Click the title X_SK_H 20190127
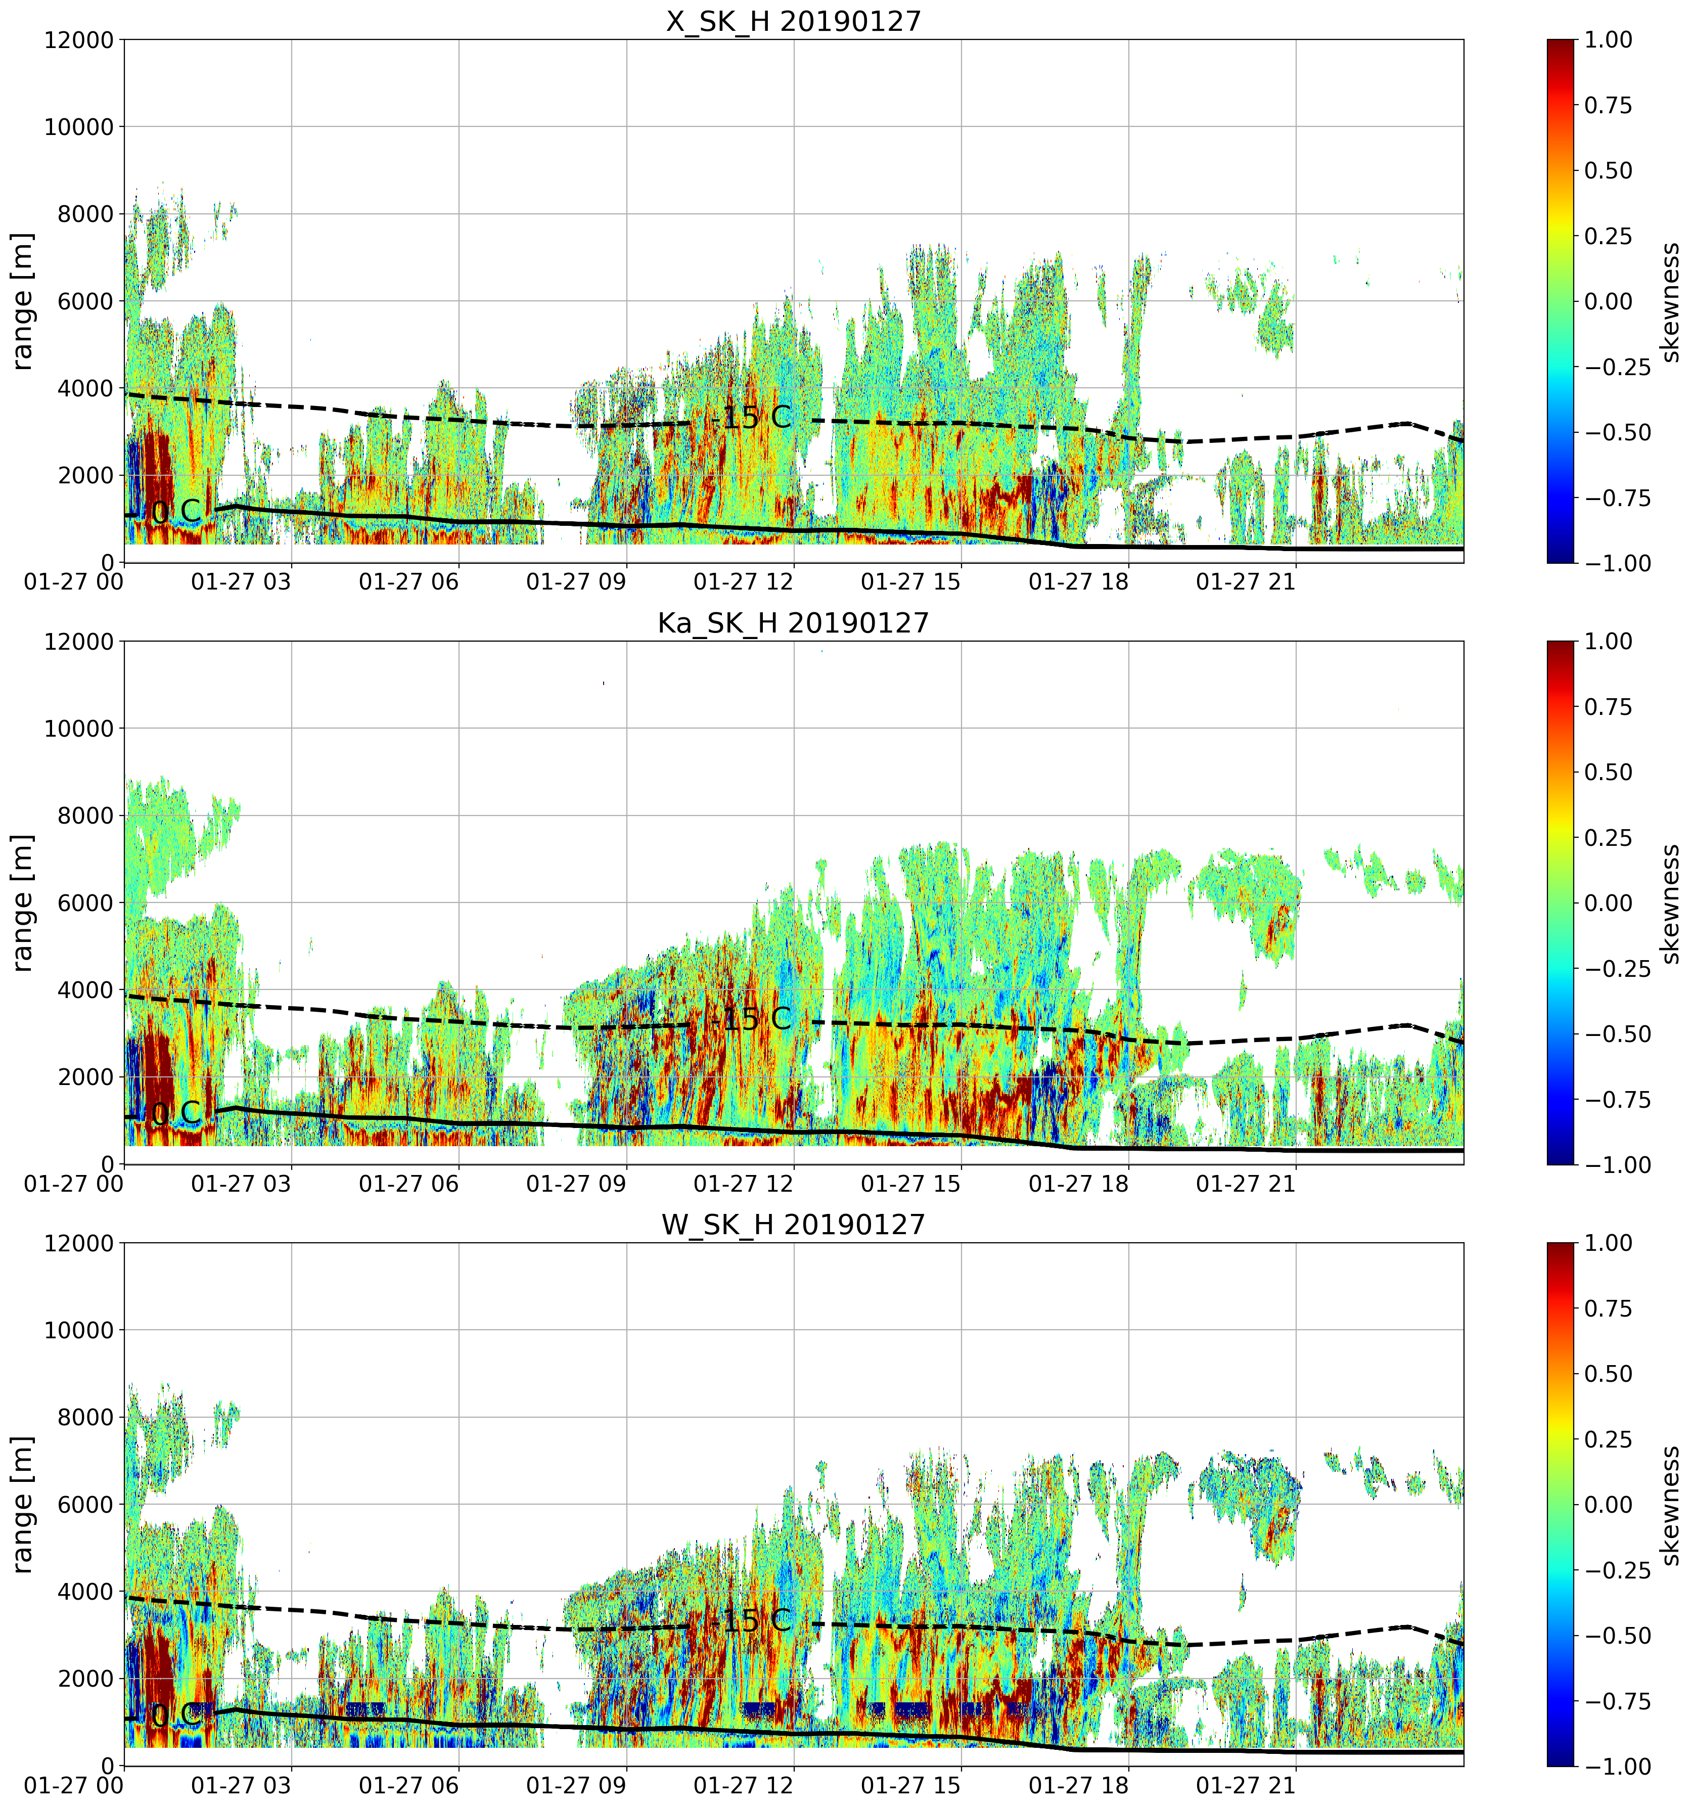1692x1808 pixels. [794, 21]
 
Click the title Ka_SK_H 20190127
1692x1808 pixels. [794, 623]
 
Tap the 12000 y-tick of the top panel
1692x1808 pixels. [79, 40]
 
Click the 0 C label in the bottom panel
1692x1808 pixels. [175, 1716]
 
